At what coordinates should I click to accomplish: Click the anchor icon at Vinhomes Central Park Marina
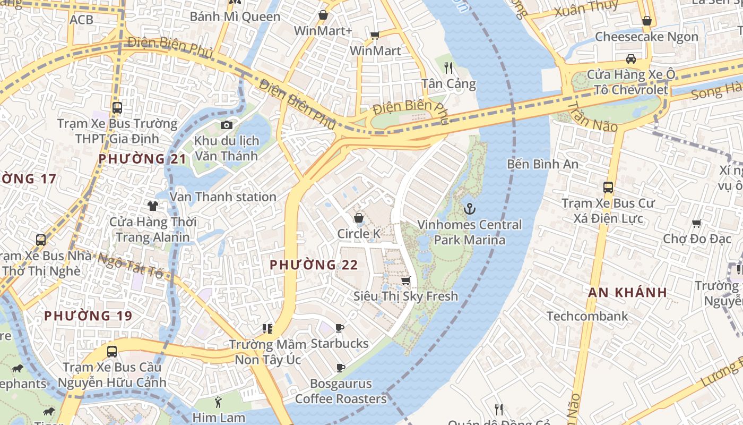click(x=469, y=209)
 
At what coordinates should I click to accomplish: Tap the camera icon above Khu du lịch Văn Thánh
click(x=227, y=125)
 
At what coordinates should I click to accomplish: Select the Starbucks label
click(x=340, y=343)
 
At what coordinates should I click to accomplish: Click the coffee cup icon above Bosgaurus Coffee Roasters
click(x=340, y=368)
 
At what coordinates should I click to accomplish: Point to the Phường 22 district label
click(x=314, y=265)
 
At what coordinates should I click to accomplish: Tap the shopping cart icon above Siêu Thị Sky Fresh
click(x=405, y=280)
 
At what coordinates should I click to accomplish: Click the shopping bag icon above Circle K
click(x=359, y=218)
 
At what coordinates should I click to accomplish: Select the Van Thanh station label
click(x=223, y=197)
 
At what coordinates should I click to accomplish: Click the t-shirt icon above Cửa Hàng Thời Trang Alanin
click(x=153, y=206)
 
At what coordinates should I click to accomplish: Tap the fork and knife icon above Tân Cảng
click(x=448, y=67)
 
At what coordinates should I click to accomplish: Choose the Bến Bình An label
click(x=542, y=164)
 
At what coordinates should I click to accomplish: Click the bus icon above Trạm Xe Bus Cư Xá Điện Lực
click(x=608, y=188)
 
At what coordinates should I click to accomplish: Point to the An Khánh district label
click(x=627, y=292)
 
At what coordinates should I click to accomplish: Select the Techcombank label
click(x=587, y=316)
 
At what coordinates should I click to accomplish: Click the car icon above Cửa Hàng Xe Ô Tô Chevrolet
click(x=630, y=58)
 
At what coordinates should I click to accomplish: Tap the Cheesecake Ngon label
click(x=646, y=37)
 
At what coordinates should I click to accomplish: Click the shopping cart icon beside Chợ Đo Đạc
click(x=697, y=223)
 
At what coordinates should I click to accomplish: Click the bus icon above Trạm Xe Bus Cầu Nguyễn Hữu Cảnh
click(x=112, y=351)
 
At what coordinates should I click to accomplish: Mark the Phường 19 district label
click(x=88, y=316)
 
